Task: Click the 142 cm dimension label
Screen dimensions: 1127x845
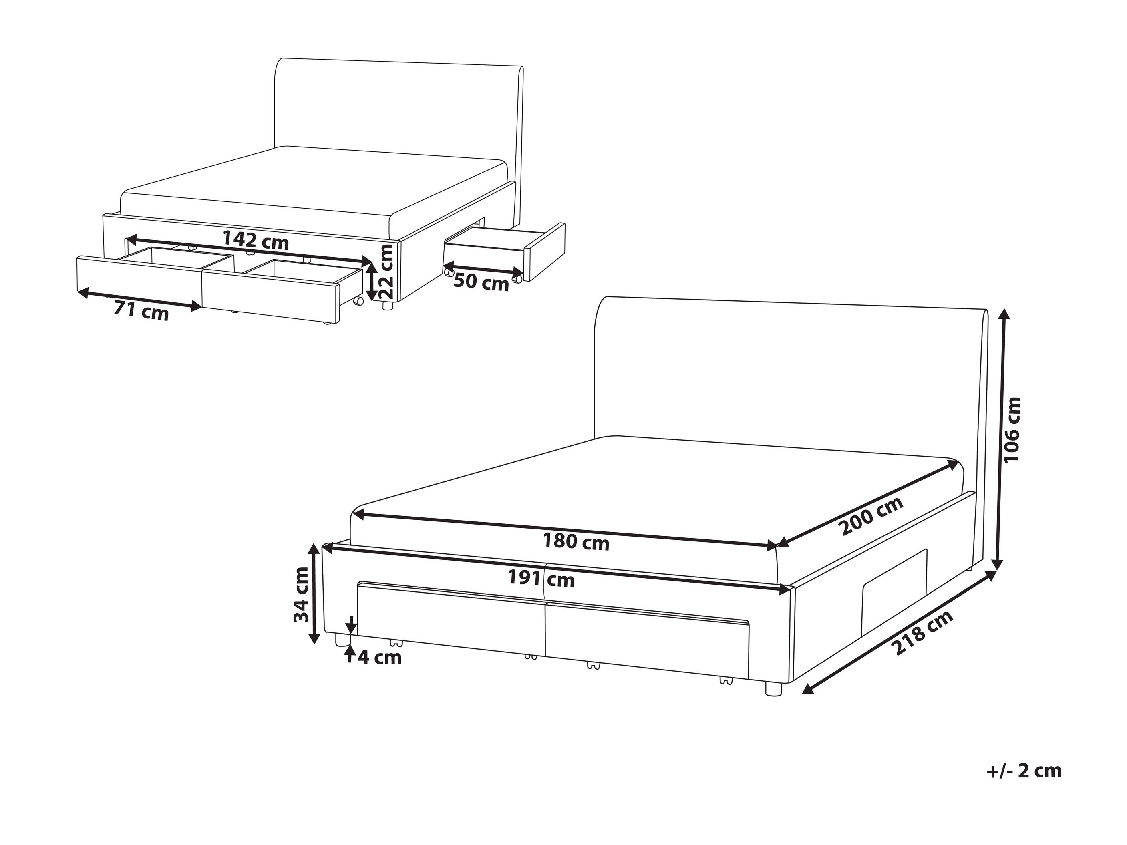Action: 256,240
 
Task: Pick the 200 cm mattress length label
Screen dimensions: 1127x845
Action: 872,515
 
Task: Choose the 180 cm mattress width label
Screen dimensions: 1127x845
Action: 576,541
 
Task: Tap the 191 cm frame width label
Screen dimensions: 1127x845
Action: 541,579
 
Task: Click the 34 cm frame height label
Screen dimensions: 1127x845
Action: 301,594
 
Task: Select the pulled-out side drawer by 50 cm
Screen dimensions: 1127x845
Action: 504,252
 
